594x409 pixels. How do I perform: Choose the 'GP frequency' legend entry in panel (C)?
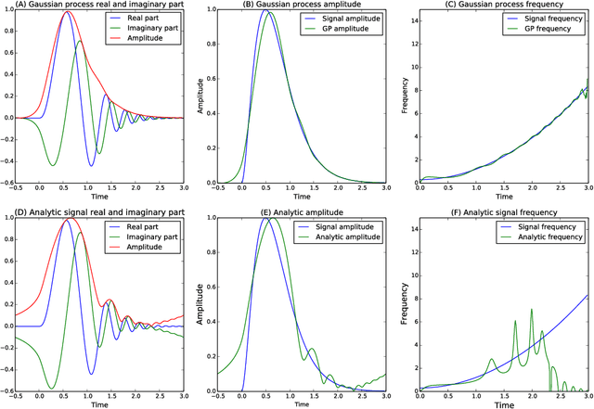(549, 32)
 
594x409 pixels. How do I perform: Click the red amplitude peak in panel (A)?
(68, 12)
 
